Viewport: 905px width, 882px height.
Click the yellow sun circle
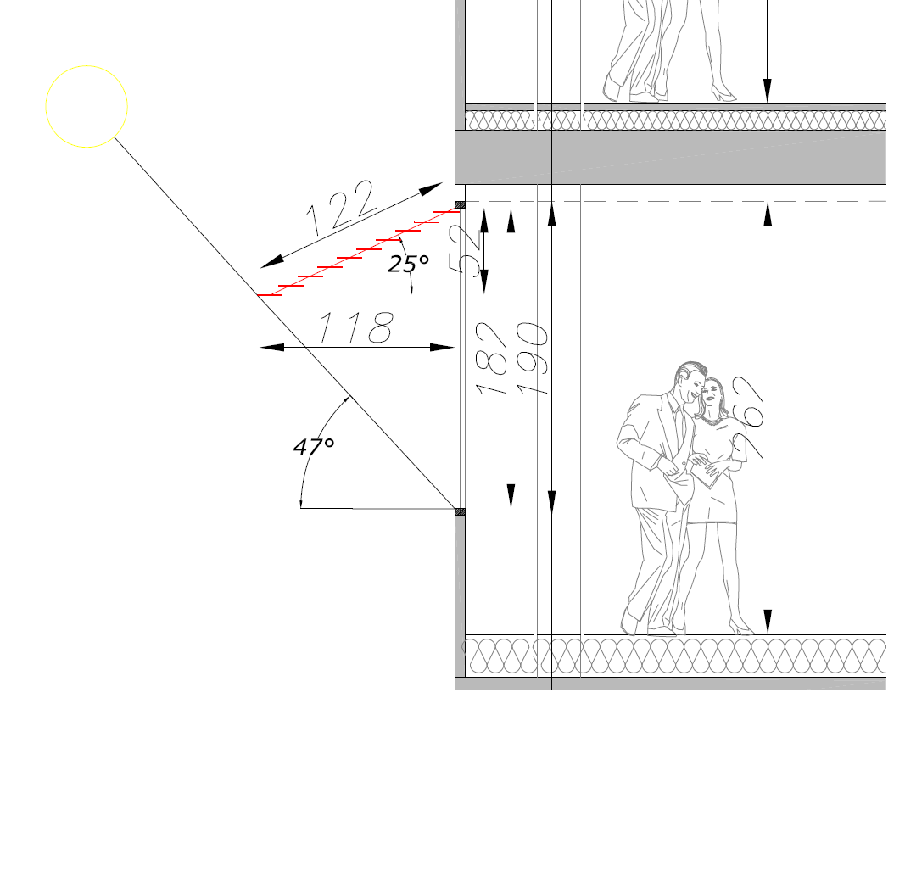coord(87,66)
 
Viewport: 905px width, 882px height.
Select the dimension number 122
coord(340,208)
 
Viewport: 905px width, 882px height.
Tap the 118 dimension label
coord(356,327)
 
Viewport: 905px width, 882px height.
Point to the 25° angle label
coord(409,264)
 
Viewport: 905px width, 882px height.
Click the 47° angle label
coord(314,447)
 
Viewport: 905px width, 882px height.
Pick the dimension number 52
coord(466,249)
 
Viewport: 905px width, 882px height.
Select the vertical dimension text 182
coord(491,358)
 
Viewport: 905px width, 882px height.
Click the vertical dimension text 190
coord(532,358)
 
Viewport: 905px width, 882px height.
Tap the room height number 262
coord(748,417)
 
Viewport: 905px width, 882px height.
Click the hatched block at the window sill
coord(460,512)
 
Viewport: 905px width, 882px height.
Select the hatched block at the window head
coord(460,205)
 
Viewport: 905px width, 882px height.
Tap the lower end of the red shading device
coord(257,295)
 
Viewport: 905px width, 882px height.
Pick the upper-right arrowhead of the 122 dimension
coord(431,188)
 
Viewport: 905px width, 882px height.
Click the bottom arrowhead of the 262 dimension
coord(768,622)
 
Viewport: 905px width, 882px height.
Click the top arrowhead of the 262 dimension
coord(768,215)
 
